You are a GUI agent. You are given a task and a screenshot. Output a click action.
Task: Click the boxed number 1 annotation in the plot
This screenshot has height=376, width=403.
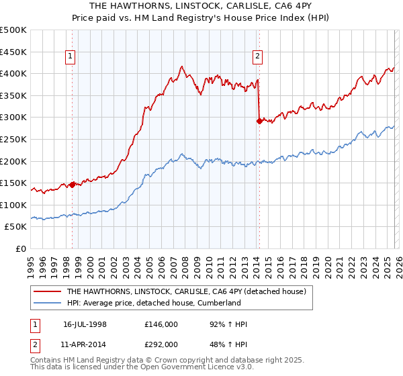pyautogui.click(x=71, y=57)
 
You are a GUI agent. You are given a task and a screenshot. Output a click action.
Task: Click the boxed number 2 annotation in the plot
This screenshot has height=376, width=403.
pyautogui.click(x=258, y=57)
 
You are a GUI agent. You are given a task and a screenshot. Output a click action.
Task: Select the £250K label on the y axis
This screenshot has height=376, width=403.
pyautogui.click(x=13, y=139)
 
